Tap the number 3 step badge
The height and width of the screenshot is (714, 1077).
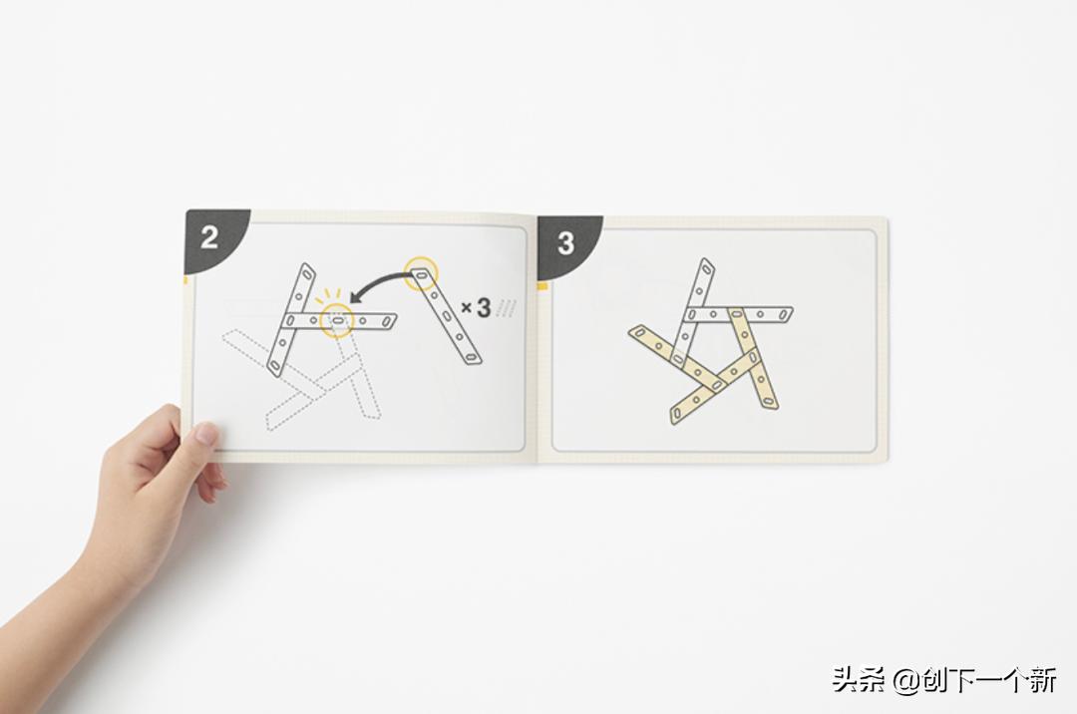tap(566, 244)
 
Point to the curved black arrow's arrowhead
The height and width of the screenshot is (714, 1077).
tap(357, 297)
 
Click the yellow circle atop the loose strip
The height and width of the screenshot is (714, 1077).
tap(421, 272)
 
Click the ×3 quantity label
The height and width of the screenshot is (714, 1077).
tap(476, 308)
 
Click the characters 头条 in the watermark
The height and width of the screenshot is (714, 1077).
tap(859, 681)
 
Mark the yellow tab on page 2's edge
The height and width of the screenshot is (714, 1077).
tap(184, 280)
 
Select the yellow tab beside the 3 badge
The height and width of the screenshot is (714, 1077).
tap(541, 285)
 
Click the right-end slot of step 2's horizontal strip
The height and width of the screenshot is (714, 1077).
tap(387, 321)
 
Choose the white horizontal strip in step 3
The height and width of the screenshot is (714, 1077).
tap(738, 315)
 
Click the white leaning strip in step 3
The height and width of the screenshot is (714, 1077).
tap(690, 312)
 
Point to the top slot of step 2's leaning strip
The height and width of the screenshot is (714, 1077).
tap(306, 275)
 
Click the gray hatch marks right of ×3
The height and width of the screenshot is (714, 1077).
tap(506, 307)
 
